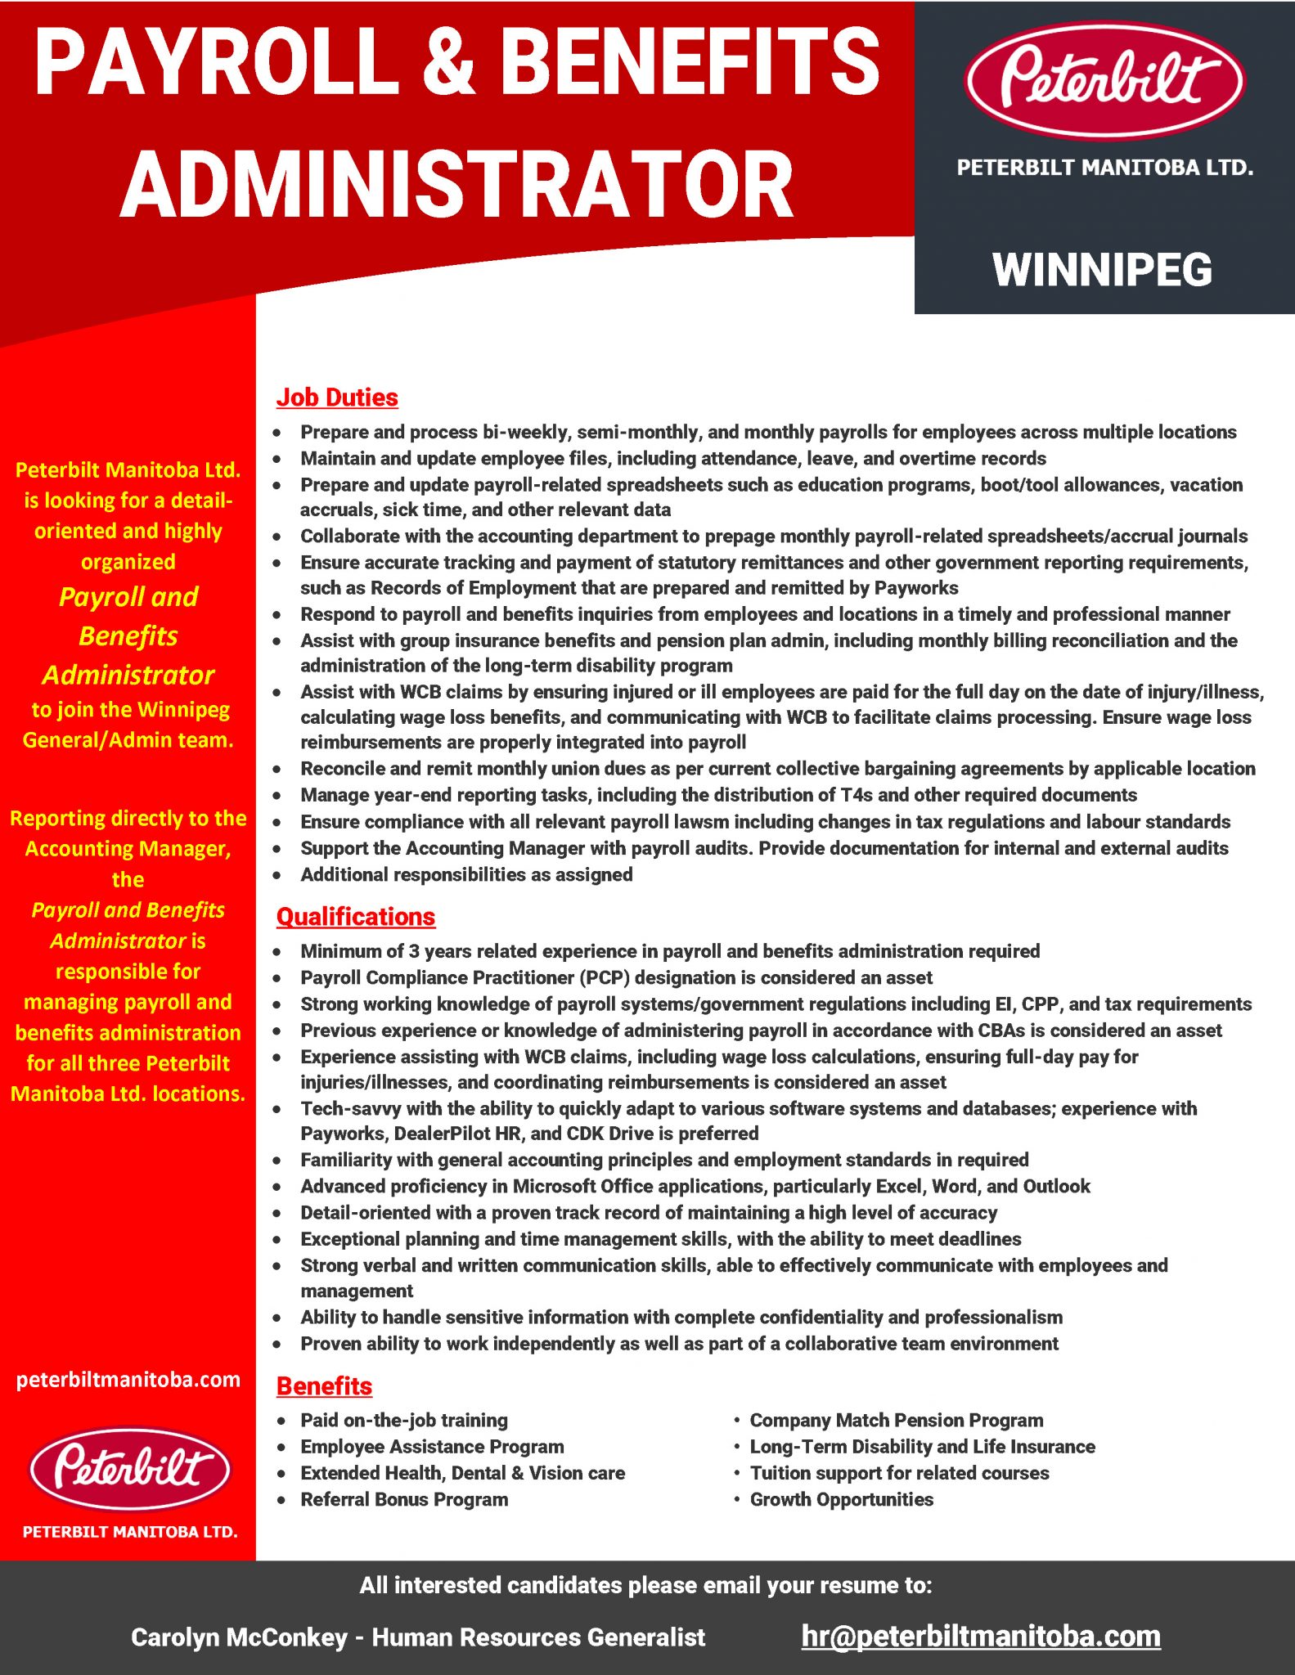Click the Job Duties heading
tap(337, 397)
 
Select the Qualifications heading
tap(356, 917)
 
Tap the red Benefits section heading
tap(324, 1386)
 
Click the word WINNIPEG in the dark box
tap(1102, 270)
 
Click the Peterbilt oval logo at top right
tap(1104, 81)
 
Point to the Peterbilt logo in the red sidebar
tap(129, 1469)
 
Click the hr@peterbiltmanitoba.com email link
tap(980, 1636)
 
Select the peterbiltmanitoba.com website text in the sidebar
tap(128, 1380)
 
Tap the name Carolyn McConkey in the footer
tap(239, 1637)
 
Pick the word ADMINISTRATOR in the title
tap(456, 184)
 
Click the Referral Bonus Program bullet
tap(404, 1499)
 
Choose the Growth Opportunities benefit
tap(841, 1499)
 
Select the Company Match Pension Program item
tap(896, 1420)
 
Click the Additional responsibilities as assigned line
tap(466, 874)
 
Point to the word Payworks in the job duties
tap(916, 588)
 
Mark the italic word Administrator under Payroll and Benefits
tap(128, 676)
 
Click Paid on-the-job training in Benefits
tap(404, 1420)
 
